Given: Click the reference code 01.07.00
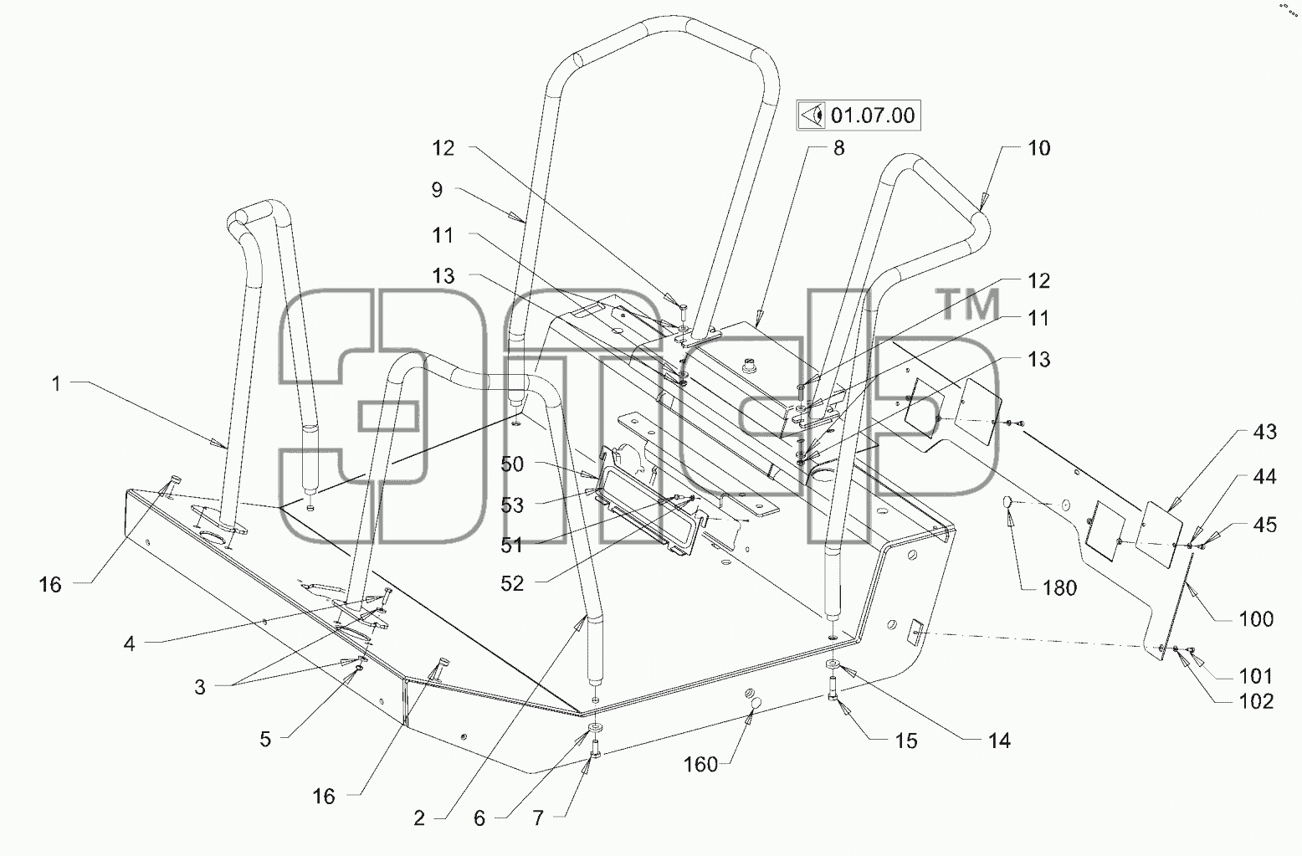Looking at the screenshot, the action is tap(873, 115).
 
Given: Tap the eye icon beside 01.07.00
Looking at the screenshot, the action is tap(812, 115).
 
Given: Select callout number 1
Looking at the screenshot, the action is tap(56, 383).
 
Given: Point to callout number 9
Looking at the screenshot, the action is tap(437, 189).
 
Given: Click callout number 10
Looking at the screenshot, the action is tap(1039, 148).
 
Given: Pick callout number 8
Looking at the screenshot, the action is tap(838, 148).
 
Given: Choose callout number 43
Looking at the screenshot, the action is tap(1265, 432).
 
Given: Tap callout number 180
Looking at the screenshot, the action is tap(1060, 588).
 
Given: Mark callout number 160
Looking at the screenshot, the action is tap(700, 764).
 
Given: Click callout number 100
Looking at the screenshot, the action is tap(1256, 619).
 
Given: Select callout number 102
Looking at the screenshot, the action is tap(1256, 701).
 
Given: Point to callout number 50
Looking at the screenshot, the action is tap(512, 464).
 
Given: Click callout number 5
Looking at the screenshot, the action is tap(265, 739).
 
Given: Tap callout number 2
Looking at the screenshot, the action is tap(419, 818).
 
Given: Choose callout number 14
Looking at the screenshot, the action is tap(1000, 741).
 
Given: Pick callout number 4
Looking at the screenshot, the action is tap(129, 643).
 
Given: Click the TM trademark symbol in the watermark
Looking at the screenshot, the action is tap(970, 305).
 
